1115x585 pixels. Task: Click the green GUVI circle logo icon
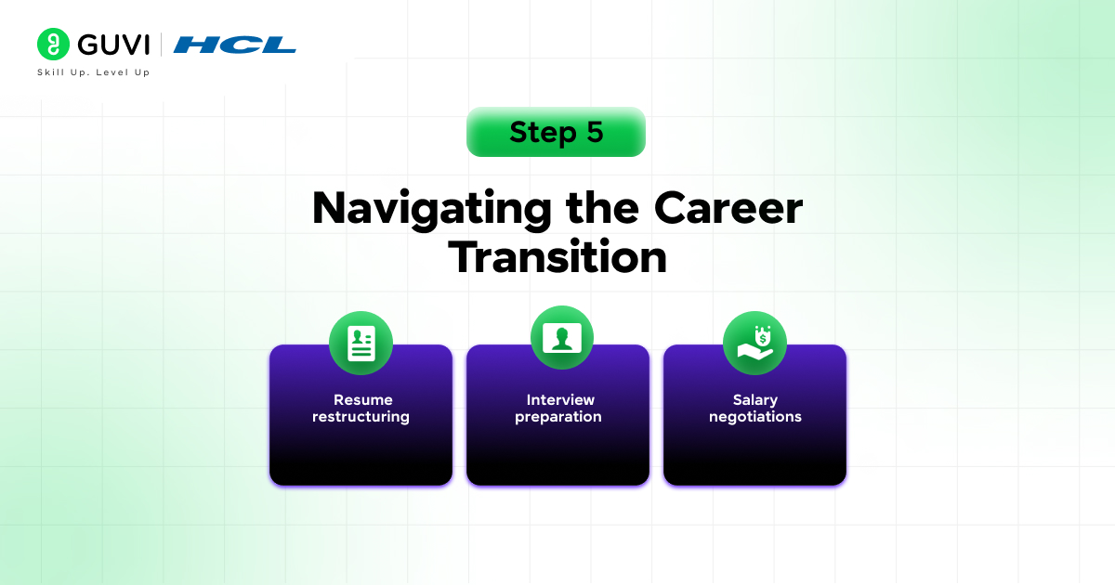click(54, 45)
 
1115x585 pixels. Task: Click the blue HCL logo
click(234, 45)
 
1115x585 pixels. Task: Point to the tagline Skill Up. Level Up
click(93, 72)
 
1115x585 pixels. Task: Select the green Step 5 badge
click(556, 132)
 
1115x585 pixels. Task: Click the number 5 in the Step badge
click(595, 132)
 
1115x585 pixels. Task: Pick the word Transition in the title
click(557, 257)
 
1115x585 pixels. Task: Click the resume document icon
click(361, 344)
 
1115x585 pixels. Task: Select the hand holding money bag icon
click(754, 344)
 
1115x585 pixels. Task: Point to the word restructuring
click(361, 417)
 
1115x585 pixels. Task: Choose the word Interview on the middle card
click(560, 400)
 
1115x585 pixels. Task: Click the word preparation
click(557, 418)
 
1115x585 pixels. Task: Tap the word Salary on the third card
click(754, 400)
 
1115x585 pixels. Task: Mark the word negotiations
click(754, 417)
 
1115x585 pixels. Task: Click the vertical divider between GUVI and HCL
click(162, 45)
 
